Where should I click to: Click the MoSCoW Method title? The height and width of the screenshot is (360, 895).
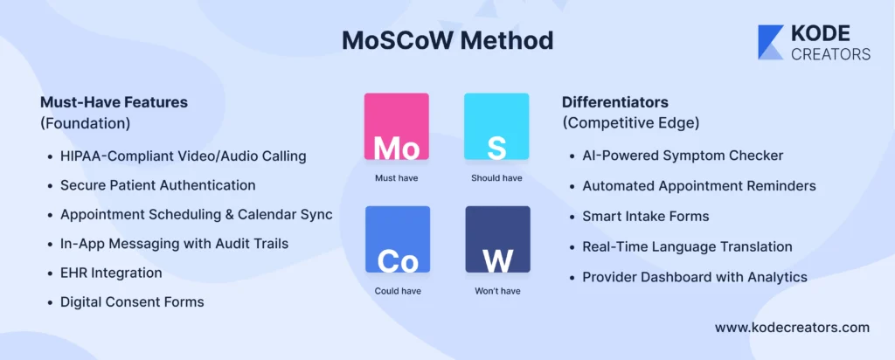click(447, 40)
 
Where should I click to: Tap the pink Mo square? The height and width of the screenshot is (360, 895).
click(397, 126)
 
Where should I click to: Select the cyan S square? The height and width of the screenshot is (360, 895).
click(496, 126)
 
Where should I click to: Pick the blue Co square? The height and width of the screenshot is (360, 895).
click(398, 239)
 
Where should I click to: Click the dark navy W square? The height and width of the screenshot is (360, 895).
click(497, 239)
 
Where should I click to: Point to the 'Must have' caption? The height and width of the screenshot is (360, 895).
click(397, 178)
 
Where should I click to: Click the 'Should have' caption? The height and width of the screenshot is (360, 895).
click(496, 178)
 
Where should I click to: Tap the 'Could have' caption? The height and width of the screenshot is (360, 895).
click(398, 291)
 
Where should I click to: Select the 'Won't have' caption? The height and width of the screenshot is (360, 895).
click(497, 291)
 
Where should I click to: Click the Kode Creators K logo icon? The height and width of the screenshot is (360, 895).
click(771, 42)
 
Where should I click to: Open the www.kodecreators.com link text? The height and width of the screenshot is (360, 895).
click(792, 328)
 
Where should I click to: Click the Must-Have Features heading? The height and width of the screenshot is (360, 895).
click(114, 103)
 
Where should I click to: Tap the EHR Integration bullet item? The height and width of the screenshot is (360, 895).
click(111, 273)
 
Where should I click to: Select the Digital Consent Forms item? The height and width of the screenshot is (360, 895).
click(133, 301)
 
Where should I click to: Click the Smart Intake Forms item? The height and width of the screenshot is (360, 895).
click(646, 216)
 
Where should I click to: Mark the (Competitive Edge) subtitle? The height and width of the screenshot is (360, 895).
click(631, 123)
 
